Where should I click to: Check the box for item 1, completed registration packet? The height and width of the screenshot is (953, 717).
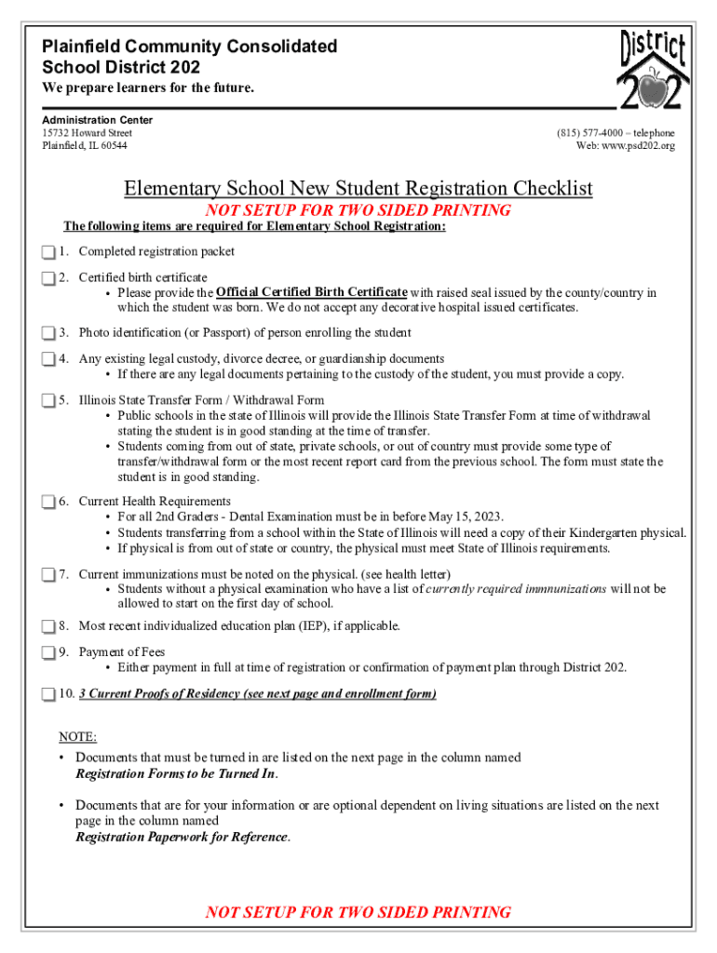pos(48,252)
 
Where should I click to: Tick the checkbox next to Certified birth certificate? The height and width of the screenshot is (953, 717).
pos(48,278)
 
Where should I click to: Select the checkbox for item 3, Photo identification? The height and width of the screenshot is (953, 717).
pos(48,333)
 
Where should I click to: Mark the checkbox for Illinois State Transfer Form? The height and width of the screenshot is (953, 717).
pos(48,401)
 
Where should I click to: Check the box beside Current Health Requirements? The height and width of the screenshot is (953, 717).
pos(48,503)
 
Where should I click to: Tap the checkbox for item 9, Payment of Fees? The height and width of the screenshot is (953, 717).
pos(48,653)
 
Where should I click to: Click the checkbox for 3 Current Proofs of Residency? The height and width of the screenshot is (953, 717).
pos(48,695)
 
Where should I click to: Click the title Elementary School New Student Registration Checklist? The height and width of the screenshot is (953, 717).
pos(358,189)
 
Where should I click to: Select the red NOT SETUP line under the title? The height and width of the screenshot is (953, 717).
pos(358,210)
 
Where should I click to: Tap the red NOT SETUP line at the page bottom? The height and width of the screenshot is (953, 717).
pos(358,912)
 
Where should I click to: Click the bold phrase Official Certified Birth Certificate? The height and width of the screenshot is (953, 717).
pos(311,292)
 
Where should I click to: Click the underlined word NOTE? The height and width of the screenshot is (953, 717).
pos(77,737)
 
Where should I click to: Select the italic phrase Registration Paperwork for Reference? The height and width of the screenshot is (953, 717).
pos(182,837)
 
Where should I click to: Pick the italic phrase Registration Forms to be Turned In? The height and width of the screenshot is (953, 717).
pos(176,773)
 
